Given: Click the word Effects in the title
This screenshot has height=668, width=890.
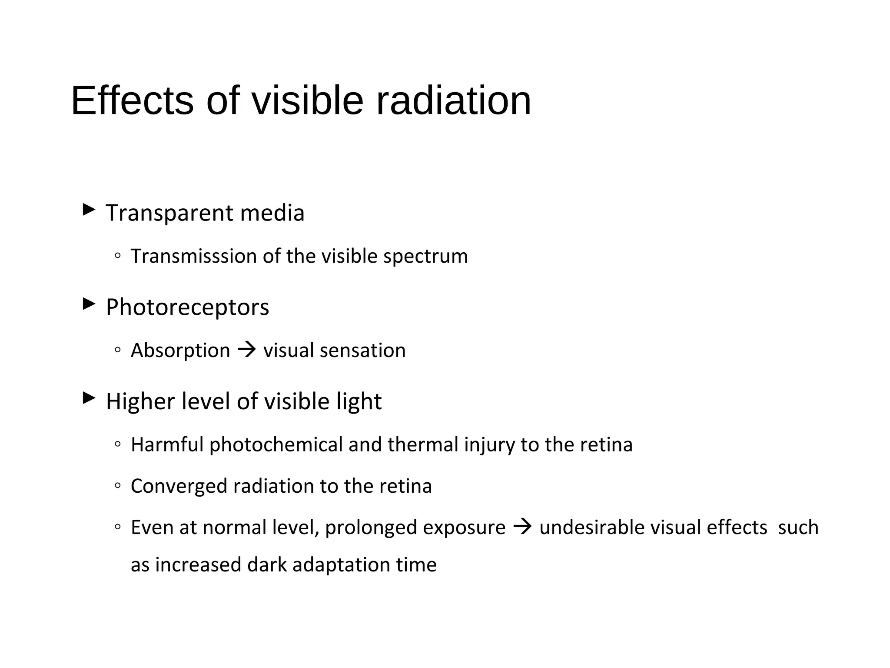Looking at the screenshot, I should (x=132, y=101).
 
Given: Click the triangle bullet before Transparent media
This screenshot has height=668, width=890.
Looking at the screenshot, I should (x=89, y=210).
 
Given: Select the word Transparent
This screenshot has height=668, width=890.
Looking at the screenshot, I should (x=169, y=214).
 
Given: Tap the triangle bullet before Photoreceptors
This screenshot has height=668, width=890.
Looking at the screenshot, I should (x=89, y=304).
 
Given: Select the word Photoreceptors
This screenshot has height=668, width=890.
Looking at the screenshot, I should (x=187, y=308).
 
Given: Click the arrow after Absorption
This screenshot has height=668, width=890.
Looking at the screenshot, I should (x=247, y=350).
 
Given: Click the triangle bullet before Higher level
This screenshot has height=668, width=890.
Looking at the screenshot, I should (x=89, y=398).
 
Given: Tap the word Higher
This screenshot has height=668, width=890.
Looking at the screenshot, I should (x=140, y=402).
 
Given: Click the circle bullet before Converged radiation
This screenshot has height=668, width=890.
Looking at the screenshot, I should (x=118, y=486).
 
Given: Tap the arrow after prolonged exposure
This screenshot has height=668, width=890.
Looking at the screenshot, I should (x=522, y=527).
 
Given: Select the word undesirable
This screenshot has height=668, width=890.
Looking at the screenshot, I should (x=591, y=528).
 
